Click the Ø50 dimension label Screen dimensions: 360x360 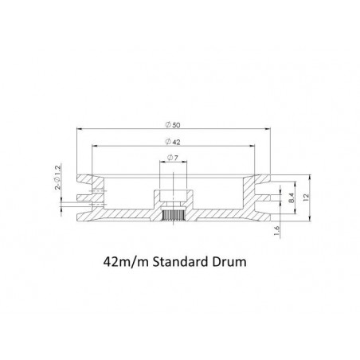pos(173,125)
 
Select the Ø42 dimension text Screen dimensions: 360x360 pos(173,142)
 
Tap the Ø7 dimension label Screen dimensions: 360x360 pos(173,158)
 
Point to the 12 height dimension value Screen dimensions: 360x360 pos(306,197)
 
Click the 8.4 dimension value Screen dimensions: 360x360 pos(292,198)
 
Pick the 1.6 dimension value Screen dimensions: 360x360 pos(276,230)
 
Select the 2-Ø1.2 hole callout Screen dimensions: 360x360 pos(57,177)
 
